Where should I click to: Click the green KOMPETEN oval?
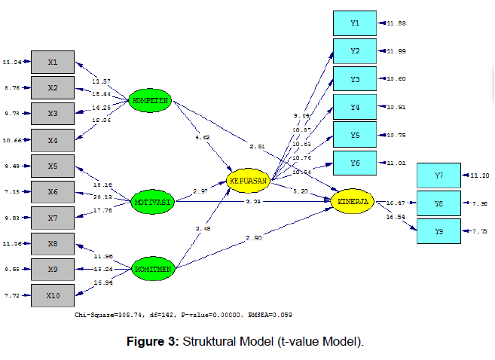(x=151, y=100)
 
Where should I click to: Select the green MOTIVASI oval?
(x=151, y=202)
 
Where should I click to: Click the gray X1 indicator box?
(x=53, y=62)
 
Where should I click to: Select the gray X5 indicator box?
(x=53, y=166)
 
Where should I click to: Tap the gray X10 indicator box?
(x=53, y=295)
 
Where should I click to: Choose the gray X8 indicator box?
(x=53, y=243)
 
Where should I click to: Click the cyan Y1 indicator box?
(x=355, y=23)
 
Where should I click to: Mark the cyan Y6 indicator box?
(x=355, y=162)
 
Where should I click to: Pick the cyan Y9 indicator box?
(x=438, y=230)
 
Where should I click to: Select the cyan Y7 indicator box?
(x=438, y=175)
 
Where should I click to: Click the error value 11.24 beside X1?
(x=11, y=62)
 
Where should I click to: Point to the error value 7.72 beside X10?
(x=13, y=295)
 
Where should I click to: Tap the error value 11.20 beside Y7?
(x=479, y=175)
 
